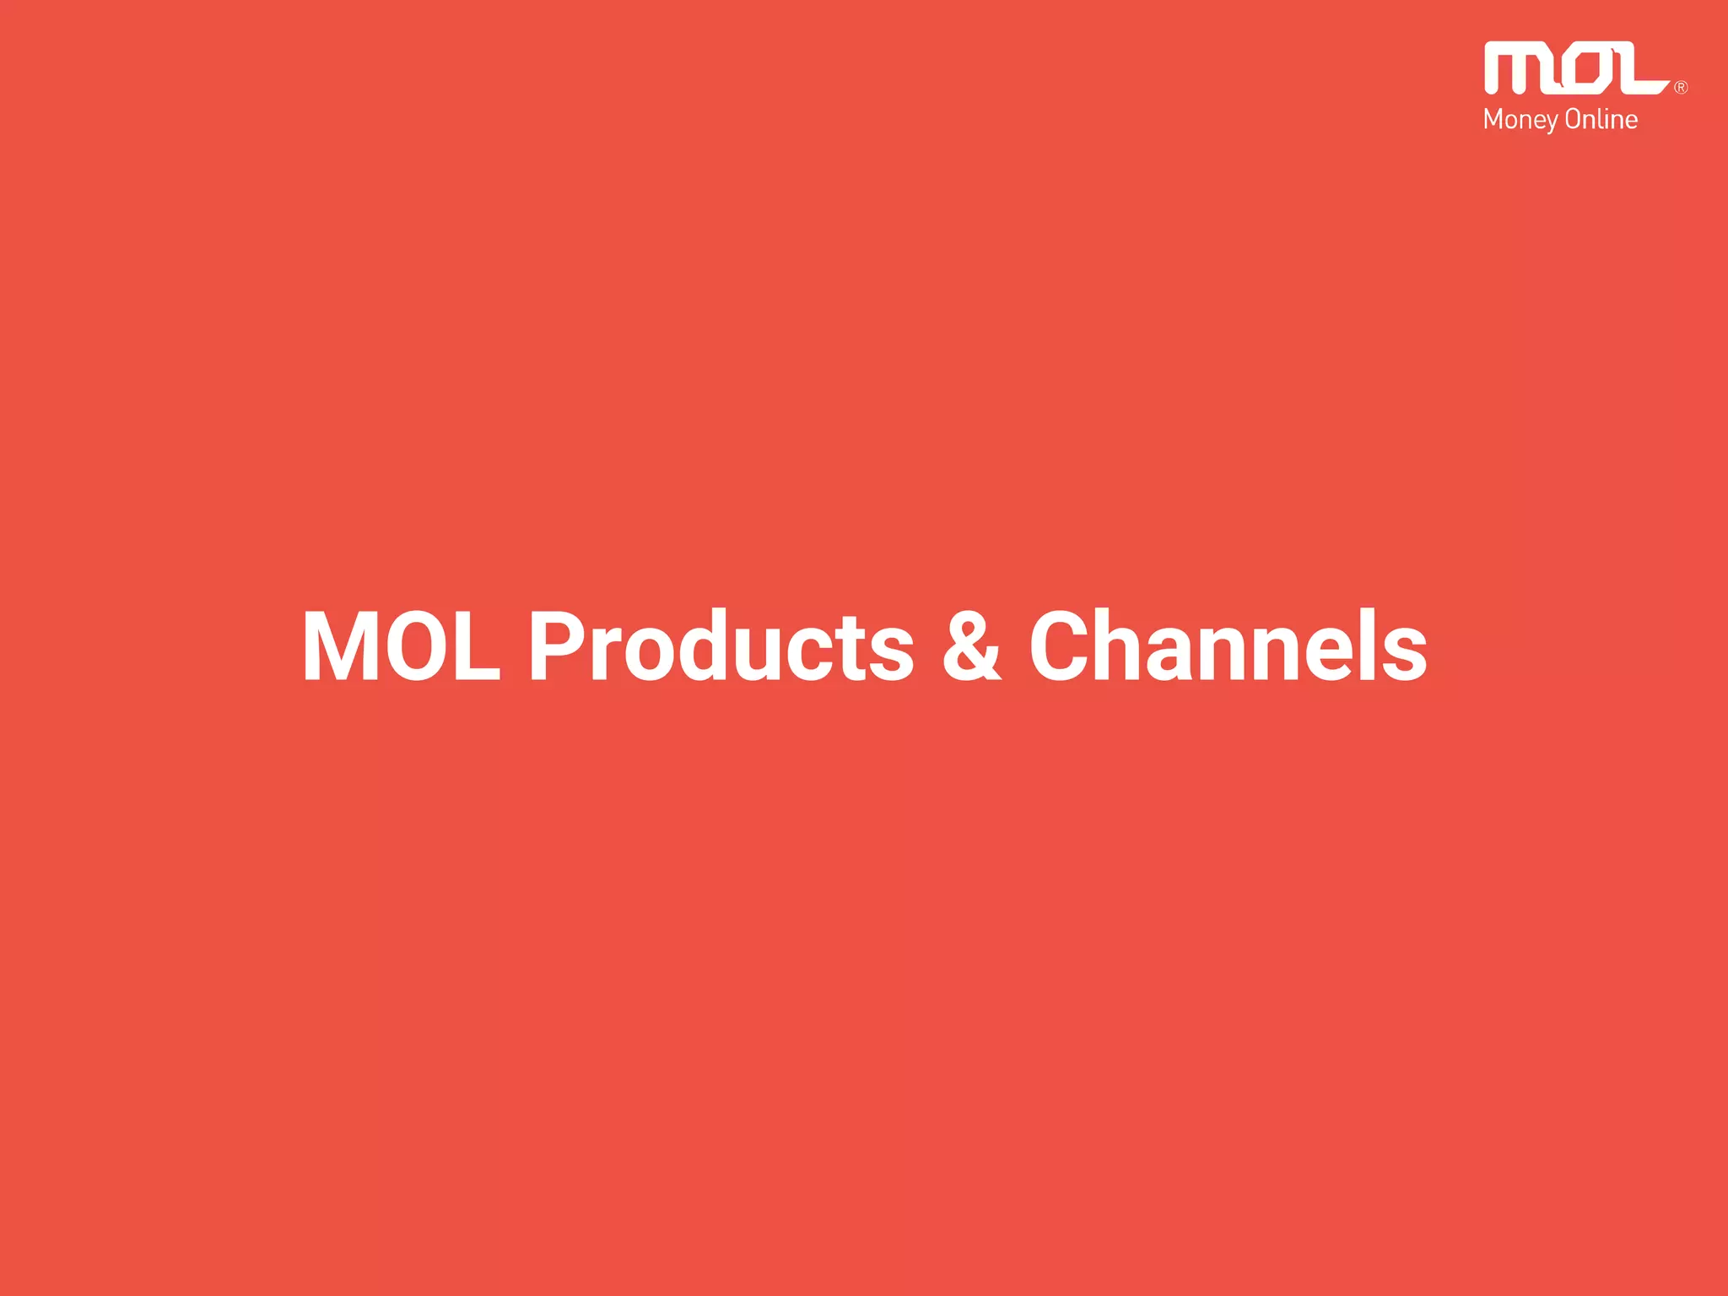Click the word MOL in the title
pos(402,646)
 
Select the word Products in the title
pos(721,646)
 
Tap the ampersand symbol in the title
pos(971,646)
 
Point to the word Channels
pos(1228,646)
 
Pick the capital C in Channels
pos(1065,646)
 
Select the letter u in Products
pos(775,654)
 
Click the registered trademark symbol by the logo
pos(1681,87)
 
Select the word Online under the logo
pos(1601,119)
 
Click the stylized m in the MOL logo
pos(1519,69)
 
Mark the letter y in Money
pos(1551,123)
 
